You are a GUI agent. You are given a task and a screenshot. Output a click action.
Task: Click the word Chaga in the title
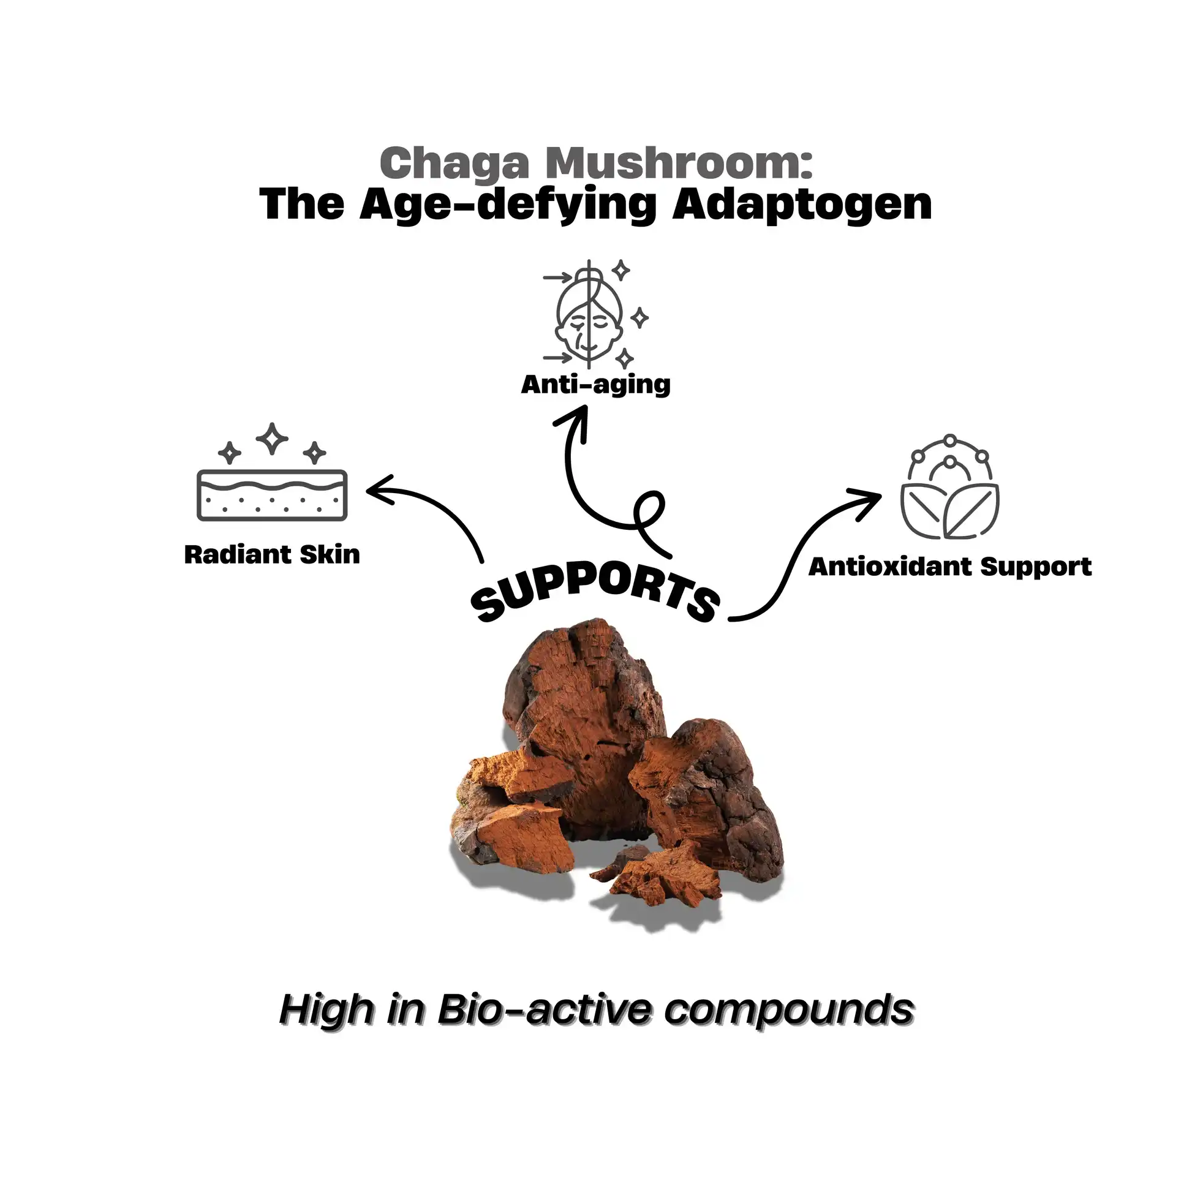[455, 164]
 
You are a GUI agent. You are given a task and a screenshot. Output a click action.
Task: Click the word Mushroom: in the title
[679, 164]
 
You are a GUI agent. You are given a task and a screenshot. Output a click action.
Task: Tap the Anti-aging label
[595, 385]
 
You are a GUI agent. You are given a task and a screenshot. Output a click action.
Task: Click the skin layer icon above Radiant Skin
[272, 495]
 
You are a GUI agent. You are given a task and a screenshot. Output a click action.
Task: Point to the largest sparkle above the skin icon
[272, 438]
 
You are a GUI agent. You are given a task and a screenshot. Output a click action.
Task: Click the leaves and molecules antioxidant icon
[949, 488]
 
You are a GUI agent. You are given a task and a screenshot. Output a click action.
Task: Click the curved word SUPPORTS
[595, 595]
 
